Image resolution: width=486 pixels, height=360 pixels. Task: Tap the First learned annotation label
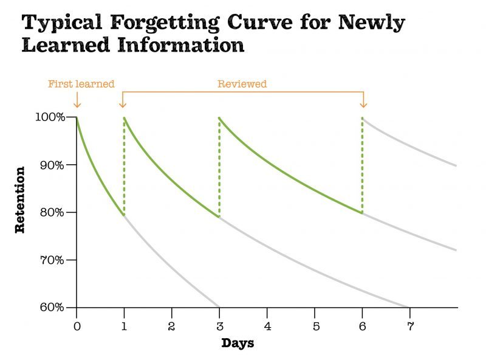pos(81,84)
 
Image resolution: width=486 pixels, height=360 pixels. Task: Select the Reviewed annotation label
pos(242,84)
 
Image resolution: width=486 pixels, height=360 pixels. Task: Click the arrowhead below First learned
pos(77,104)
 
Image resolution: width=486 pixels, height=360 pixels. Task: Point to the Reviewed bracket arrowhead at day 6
pos(363,104)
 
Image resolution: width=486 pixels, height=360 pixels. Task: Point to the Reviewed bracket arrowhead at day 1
pos(123,104)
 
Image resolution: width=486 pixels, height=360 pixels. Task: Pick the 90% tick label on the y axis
pos(52,165)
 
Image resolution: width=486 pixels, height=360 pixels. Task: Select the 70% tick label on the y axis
pos(52,260)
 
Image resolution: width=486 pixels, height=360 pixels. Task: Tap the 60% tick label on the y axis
pos(52,307)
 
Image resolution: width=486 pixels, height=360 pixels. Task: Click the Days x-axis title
pos(238,343)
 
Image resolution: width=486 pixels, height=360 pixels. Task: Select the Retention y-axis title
pos(20,199)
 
